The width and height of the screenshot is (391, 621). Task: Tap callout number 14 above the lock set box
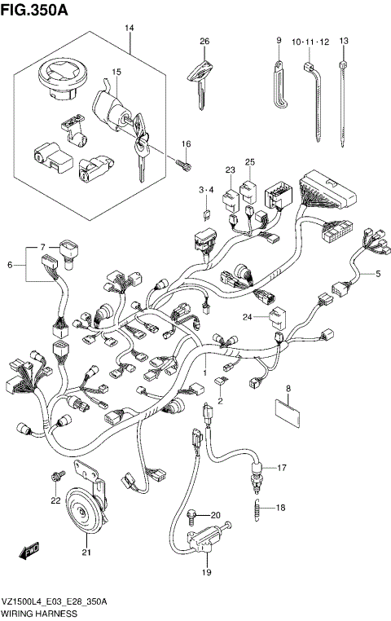coord(128,29)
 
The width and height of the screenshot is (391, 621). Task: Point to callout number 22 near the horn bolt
coord(55,500)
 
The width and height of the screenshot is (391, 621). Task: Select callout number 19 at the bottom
coord(206,572)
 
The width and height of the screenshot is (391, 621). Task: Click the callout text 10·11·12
coord(310,41)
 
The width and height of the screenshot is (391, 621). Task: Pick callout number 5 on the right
coord(378,273)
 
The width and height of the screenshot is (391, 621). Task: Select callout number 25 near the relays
coord(250,162)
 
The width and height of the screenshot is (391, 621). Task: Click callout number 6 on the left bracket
coord(11,264)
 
